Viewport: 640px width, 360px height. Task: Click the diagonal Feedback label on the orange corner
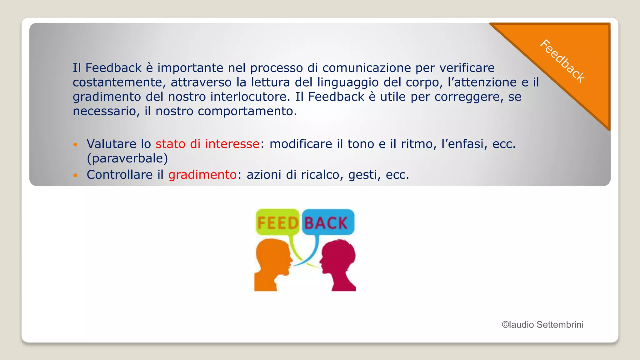tap(562, 61)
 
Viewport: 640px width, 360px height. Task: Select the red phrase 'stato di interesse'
tap(207, 144)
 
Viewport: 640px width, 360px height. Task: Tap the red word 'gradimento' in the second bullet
tap(202, 174)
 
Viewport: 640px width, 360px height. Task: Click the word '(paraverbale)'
tap(127, 158)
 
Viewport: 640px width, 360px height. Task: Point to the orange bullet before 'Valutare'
tap(75, 144)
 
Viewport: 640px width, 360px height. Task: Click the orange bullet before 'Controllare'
tap(75, 175)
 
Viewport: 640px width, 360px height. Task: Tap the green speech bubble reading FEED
tap(277, 222)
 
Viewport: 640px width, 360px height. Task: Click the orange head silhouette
tap(272, 264)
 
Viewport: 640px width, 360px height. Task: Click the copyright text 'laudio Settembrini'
tap(546, 325)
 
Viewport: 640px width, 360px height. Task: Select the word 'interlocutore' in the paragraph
tap(248, 97)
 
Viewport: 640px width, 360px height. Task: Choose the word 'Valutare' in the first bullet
tap(112, 144)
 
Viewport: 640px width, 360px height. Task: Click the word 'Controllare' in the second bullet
tap(120, 174)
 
